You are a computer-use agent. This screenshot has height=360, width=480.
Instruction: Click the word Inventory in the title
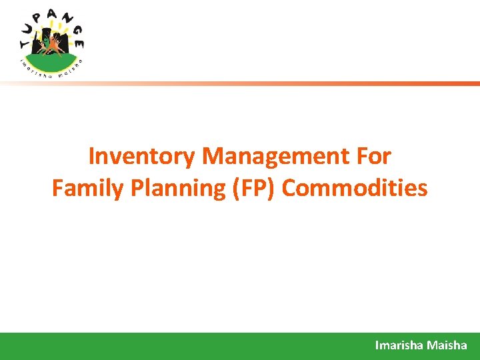[142, 157]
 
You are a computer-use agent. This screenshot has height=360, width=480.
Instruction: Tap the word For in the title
[374, 157]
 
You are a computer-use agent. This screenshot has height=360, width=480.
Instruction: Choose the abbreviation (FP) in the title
[253, 189]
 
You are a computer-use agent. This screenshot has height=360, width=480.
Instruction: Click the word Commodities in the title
[355, 189]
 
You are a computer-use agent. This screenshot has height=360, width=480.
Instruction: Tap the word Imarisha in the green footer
[399, 345]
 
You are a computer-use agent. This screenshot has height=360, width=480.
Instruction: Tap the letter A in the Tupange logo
[53, 15]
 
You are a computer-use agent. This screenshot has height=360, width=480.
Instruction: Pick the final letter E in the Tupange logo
[79, 44]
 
